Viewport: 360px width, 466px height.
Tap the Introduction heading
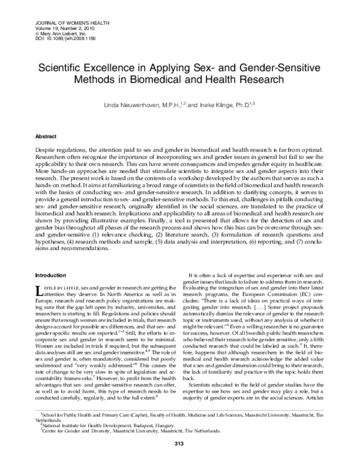(x=52, y=274)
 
